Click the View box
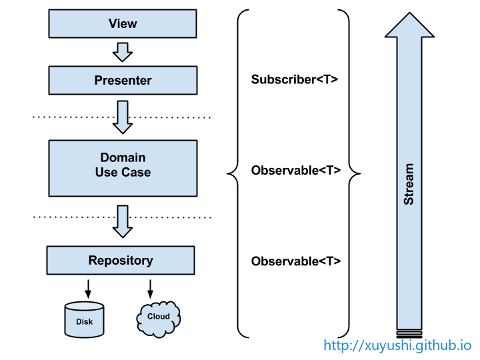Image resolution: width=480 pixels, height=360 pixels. click(123, 24)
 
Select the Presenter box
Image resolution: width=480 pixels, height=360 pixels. click(123, 81)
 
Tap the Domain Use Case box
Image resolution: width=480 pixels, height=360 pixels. click(123, 168)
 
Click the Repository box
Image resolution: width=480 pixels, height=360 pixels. click(121, 260)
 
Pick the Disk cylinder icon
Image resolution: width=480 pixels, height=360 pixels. click(85, 319)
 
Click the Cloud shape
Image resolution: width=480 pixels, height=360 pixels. click(159, 319)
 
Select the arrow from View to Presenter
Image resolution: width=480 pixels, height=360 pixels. click(123, 51)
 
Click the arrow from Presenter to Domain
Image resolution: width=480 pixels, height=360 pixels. click(123, 117)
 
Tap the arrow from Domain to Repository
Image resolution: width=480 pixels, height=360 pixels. click(123, 221)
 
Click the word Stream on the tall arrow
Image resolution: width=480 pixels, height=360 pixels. click(409, 184)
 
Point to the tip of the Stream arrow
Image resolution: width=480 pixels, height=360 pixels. click(409, 17)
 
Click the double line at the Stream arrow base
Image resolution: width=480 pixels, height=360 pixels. click(409, 331)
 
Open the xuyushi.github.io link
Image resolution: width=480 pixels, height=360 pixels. click(397, 345)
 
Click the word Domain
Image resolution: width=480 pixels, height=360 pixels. click(123, 157)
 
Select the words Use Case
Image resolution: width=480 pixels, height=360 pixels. click(123, 172)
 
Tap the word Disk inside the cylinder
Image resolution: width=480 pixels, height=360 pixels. click(85, 322)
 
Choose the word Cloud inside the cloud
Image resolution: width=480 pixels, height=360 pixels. click(159, 317)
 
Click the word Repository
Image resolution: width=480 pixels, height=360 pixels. click(121, 260)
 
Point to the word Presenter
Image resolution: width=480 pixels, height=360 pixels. click(123, 81)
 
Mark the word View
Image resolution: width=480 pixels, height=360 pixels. click(123, 24)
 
